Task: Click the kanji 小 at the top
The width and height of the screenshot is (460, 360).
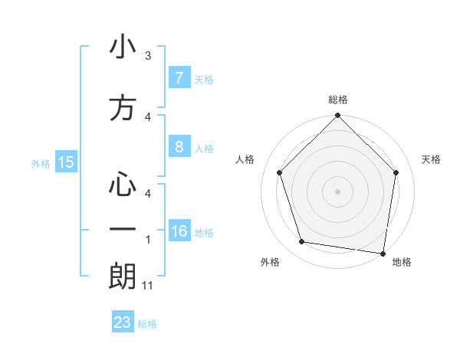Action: coord(122,47)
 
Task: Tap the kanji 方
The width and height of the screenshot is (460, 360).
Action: coord(122,108)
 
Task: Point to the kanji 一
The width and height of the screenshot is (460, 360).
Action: coord(122,229)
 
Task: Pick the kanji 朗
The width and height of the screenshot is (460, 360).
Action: coord(122,276)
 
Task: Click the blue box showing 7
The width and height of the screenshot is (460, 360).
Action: coord(179,77)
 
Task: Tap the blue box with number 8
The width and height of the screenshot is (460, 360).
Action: coord(179,147)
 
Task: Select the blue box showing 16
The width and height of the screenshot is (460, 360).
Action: coord(179,231)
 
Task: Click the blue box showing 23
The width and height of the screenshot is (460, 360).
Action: coord(122,322)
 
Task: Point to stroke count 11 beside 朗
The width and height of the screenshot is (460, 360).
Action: coord(149,286)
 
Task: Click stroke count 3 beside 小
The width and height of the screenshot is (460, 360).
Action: coord(148,56)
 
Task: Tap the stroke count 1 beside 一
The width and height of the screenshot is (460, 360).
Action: coord(148,240)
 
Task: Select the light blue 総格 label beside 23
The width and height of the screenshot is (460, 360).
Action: coord(147,324)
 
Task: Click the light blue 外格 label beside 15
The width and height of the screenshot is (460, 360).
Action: coord(41,163)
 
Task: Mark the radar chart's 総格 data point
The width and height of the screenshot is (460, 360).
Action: coord(337,116)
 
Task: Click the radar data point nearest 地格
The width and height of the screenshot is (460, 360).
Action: coord(383,252)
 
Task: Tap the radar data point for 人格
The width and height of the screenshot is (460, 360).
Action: coord(279,173)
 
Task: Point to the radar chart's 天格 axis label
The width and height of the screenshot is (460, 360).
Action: coord(432,159)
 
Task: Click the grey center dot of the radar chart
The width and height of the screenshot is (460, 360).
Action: coord(337,191)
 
